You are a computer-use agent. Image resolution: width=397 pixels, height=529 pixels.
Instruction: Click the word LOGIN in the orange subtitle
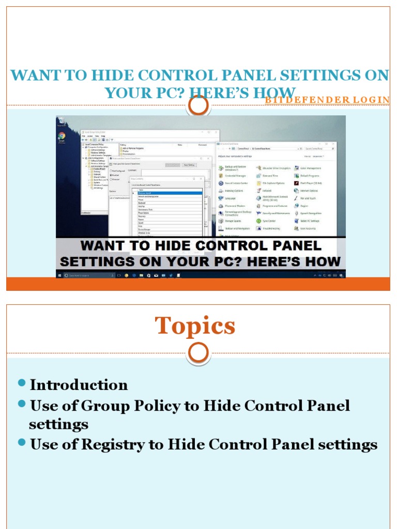pyautogui.click(x=374, y=99)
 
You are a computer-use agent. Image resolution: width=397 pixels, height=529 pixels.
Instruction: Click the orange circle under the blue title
pyautogui.click(x=198, y=106)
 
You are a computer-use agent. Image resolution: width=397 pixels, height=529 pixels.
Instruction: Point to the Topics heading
pyautogui.click(x=195, y=326)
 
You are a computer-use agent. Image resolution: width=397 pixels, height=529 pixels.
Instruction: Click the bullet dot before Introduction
pyautogui.click(x=21, y=383)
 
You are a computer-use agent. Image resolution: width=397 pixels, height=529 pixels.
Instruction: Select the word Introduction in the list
pyautogui.click(x=79, y=385)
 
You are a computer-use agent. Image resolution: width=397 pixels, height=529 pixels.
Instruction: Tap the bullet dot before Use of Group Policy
pyautogui.click(x=21, y=403)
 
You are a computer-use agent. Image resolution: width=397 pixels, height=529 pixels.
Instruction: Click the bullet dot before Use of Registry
pyautogui.click(x=21, y=442)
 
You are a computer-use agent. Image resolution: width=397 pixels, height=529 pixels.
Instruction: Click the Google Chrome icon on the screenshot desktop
pyautogui.click(x=62, y=137)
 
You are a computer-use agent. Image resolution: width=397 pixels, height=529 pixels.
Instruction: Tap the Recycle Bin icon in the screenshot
pyautogui.click(x=61, y=122)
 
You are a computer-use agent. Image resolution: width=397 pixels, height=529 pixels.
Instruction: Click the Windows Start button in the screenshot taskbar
pyautogui.click(x=59, y=274)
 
